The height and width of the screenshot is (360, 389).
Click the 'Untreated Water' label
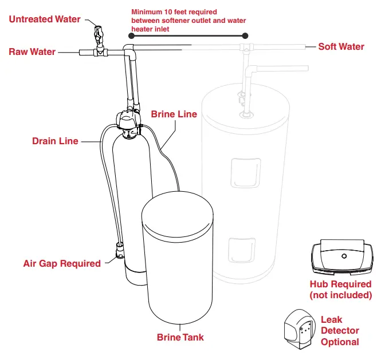coord(45,19)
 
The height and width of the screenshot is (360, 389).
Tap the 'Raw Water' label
coord(32,52)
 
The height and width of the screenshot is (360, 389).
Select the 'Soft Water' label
coord(341,47)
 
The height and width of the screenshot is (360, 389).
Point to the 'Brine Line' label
coord(174,114)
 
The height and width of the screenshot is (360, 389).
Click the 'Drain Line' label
coord(55,141)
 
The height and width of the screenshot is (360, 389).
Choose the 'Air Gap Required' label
coord(62,264)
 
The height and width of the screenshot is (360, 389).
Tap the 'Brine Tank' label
coord(180,337)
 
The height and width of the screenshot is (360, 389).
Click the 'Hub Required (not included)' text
coord(340,290)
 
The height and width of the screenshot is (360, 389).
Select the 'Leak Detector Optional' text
coord(340,331)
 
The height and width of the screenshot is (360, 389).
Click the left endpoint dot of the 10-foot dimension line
coord(132,35)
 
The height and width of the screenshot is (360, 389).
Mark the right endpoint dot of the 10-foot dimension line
coord(245,35)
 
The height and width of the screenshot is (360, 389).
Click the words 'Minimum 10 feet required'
coord(174,11)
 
